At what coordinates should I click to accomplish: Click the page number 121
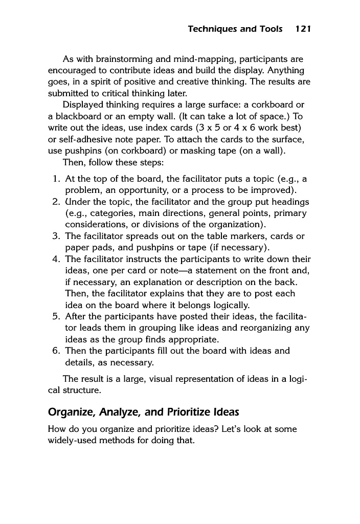coord(303,29)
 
